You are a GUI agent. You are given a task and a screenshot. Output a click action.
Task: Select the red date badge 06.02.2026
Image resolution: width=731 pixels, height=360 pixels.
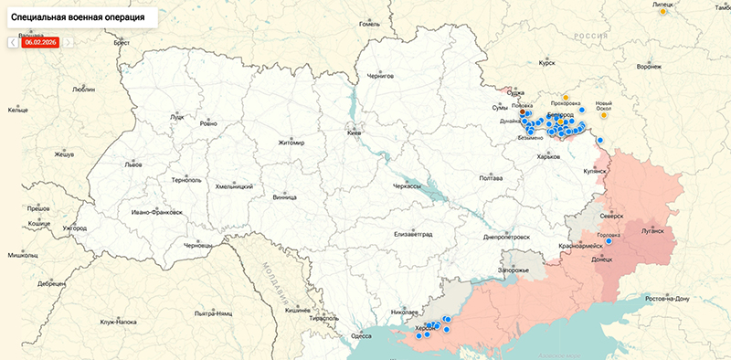point(40,42)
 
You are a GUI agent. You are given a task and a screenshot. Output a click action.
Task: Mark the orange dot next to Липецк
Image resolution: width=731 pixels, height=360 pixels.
point(664,12)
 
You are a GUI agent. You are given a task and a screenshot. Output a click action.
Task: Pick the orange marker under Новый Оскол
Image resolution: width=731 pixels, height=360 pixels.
point(604,115)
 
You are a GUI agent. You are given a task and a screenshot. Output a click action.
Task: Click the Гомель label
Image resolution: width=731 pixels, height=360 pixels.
point(369,24)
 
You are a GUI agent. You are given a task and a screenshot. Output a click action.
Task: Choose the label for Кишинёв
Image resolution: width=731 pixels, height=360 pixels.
point(299,310)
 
